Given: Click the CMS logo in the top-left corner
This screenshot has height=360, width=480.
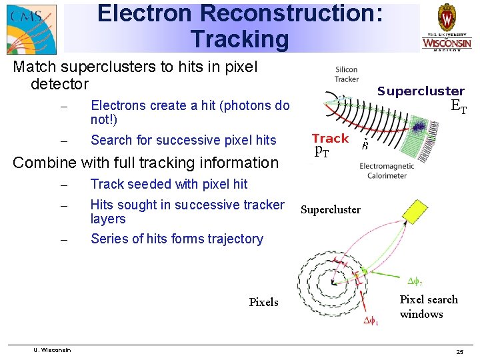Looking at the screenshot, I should pos(31,28).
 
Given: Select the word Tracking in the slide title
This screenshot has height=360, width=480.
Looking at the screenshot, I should pos(239,39).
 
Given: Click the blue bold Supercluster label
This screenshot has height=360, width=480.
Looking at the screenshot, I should pos(421,91).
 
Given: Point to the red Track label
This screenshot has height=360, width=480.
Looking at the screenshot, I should pos(330,139).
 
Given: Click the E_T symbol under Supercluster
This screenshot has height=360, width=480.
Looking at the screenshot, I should pos(458,107).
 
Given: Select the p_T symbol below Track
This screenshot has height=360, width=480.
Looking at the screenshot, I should pos(321,151).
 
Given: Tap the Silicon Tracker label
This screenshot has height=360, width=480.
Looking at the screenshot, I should pos(347,74).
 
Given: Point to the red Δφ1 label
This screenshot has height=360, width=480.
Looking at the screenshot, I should pos(371,322).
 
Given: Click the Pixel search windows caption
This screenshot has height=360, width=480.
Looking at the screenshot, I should pos(428,307).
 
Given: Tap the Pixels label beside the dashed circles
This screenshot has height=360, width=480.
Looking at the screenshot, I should pos(263,302).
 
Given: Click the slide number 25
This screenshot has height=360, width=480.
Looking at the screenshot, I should pos(459,351).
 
